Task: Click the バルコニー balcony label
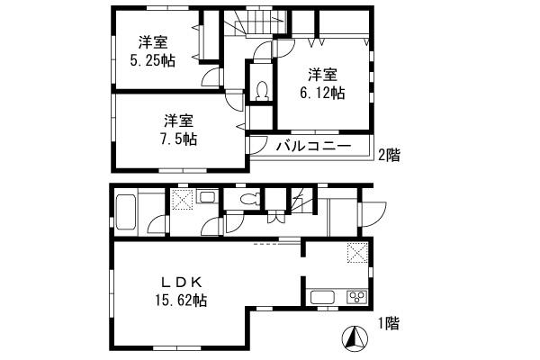[312, 147]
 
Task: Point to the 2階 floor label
[388, 155]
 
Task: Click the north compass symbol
[355, 339]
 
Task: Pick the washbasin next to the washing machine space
[206, 198]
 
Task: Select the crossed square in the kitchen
[357, 255]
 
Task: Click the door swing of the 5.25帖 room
[212, 77]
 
